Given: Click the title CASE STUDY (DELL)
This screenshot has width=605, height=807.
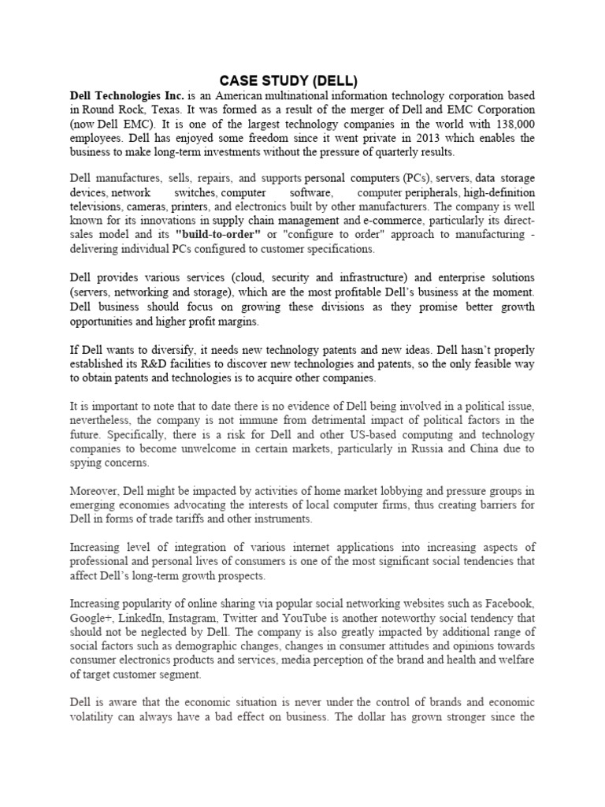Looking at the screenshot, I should click(288, 80).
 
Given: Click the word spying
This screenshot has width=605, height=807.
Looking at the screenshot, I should click(88, 462).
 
